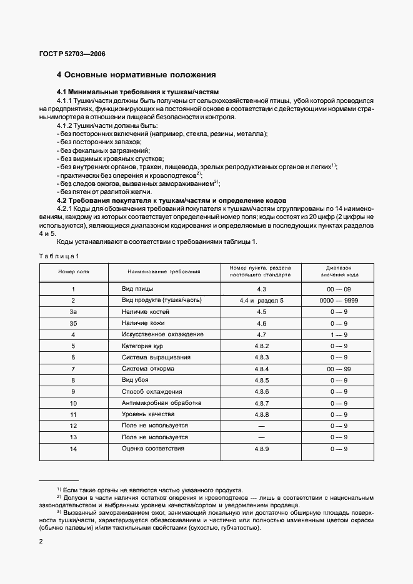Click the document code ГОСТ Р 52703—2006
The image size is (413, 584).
click(73, 54)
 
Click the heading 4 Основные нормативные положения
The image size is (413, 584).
click(136, 75)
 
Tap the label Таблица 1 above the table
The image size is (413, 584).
click(59, 256)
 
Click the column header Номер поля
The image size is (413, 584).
click(74, 272)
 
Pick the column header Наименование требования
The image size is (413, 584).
click(164, 272)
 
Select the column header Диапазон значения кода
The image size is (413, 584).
click(338, 271)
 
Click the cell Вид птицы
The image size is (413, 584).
click(137, 290)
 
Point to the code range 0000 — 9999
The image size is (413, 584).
click(338, 301)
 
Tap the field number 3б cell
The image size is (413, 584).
click(73, 323)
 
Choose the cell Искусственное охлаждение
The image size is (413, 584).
click(162, 334)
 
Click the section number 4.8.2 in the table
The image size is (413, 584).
click(261, 346)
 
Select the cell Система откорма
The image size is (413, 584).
click(147, 369)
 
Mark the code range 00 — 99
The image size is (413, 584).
click(338, 369)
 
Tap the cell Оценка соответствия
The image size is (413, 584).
click(153, 448)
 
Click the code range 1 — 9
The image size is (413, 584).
click(338, 334)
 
